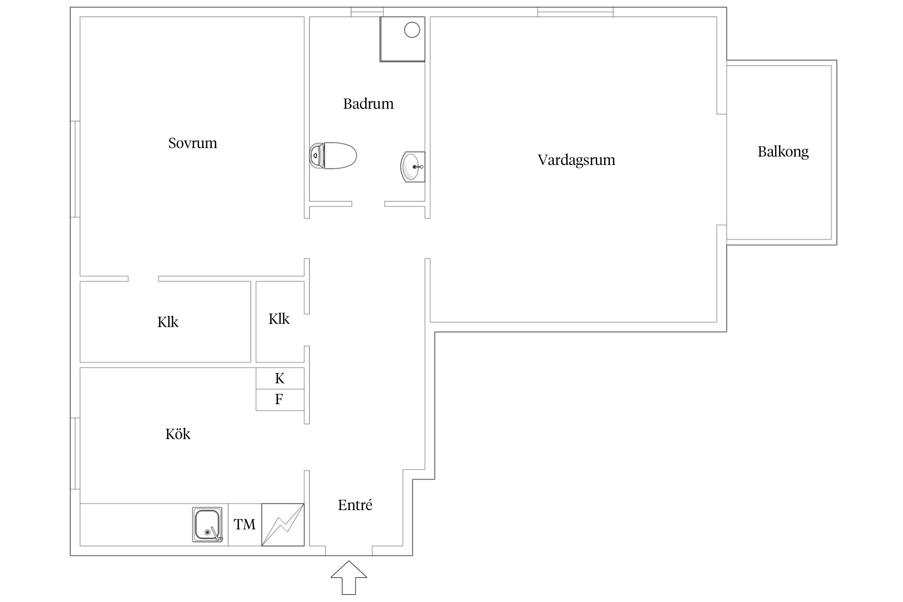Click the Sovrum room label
[x=193, y=143]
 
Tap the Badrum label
[x=368, y=104]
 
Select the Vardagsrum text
[x=576, y=160]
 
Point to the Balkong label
[x=783, y=152]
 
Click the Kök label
[x=177, y=434]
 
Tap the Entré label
[x=355, y=505]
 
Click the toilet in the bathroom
[x=333, y=155]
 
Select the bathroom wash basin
[x=412, y=167]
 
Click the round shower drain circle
[x=412, y=30]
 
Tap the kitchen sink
[x=207, y=525]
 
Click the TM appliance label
[x=244, y=525]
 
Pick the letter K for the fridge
[x=280, y=378]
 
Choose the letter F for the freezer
[x=279, y=399]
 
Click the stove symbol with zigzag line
[x=283, y=525]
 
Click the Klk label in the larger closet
[x=167, y=322]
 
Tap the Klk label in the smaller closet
[x=279, y=319]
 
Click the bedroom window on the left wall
[x=75, y=169]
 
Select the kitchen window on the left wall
[x=75, y=454]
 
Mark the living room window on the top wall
[x=575, y=12]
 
